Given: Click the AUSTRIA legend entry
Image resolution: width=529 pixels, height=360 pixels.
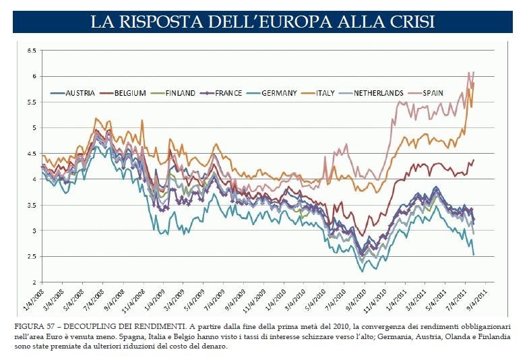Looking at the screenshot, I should (x=80, y=93).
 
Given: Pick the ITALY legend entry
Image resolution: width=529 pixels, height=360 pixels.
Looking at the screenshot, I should (x=328, y=93).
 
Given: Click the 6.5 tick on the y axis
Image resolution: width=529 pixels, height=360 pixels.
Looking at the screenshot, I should (x=31, y=51).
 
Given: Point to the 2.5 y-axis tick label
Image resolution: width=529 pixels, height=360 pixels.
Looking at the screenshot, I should (x=31, y=256).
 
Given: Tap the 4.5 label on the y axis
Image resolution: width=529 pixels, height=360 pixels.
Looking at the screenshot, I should (x=31, y=153).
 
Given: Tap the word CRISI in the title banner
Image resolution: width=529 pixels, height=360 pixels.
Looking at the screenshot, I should (x=410, y=22).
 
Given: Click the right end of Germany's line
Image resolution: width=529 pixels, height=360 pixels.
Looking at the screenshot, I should (x=474, y=255).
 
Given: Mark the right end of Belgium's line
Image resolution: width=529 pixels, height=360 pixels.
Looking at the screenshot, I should (x=474, y=160).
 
